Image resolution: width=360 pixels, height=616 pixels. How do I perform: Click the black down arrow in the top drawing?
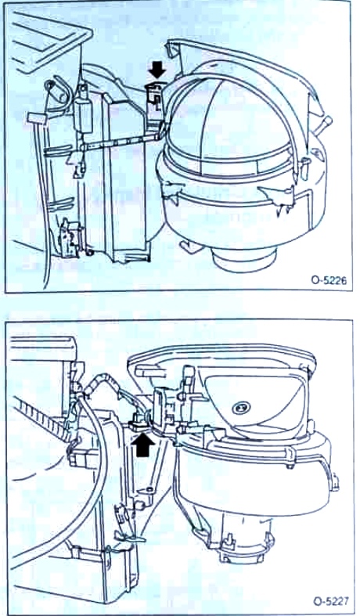tap(158, 70)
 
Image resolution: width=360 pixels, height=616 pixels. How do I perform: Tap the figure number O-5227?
tap(330, 601)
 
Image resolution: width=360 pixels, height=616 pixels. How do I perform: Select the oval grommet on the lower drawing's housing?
tap(241, 408)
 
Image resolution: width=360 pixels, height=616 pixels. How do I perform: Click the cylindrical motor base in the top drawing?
tap(243, 258)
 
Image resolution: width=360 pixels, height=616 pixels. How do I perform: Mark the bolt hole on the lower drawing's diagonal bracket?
tap(149, 490)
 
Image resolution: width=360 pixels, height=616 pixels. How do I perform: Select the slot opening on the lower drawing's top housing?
tap(152, 370)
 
